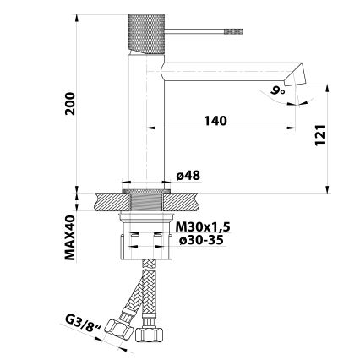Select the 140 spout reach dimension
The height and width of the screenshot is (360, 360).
click(215, 121)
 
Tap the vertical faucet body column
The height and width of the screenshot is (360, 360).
click(142, 118)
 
